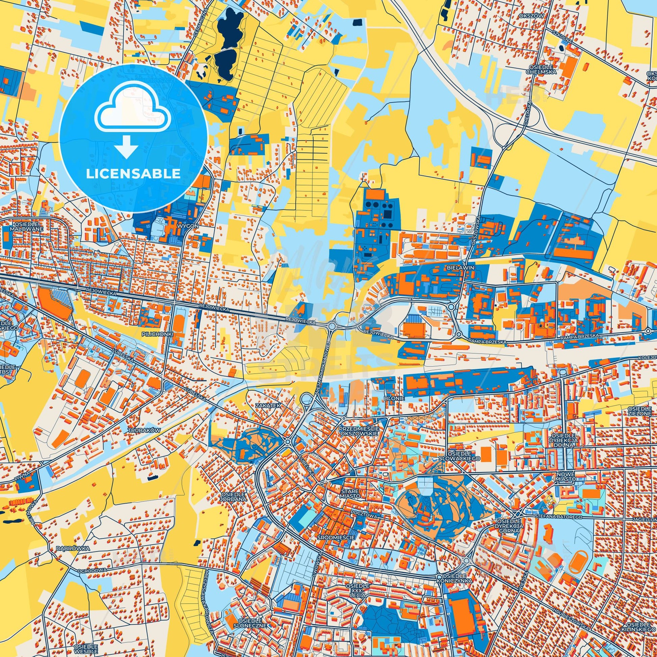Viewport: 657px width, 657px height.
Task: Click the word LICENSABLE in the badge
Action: tap(133, 174)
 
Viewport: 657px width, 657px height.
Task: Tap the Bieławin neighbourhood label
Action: tap(461, 268)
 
